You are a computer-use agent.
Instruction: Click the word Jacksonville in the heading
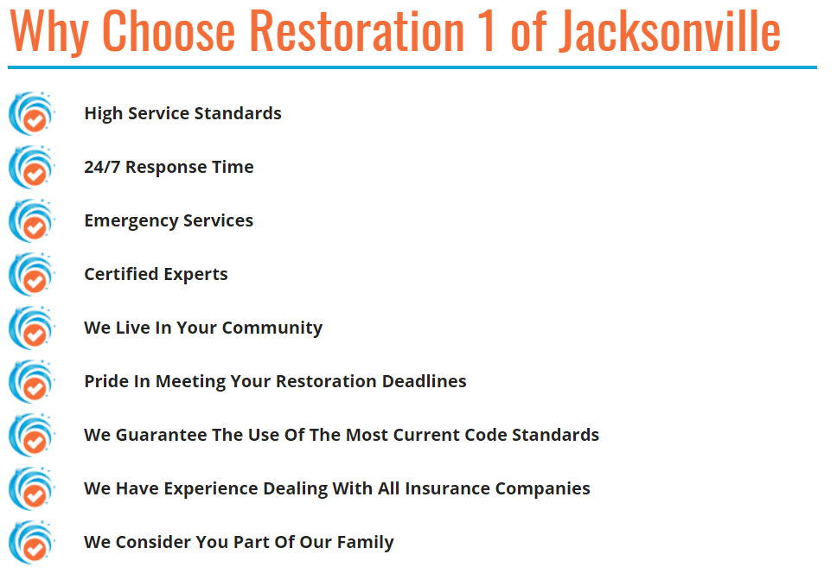pyautogui.click(x=669, y=31)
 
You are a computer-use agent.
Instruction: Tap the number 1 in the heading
pyautogui.click(x=486, y=31)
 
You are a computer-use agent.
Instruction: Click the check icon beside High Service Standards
pyautogui.click(x=32, y=113)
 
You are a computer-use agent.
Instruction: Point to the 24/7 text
pyautogui.click(x=102, y=167)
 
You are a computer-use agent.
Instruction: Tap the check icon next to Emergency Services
pyautogui.click(x=32, y=220)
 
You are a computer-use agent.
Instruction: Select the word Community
pyautogui.click(x=272, y=328)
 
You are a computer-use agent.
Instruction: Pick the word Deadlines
pyautogui.click(x=425, y=381)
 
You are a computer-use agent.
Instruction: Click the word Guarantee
pyautogui.click(x=161, y=435)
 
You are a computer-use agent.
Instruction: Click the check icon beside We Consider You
pyautogui.click(x=32, y=542)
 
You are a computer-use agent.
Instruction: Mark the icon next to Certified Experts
pyautogui.click(x=32, y=274)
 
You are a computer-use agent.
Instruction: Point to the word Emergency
pyautogui.click(x=131, y=221)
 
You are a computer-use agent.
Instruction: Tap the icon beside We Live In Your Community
pyautogui.click(x=32, y=328)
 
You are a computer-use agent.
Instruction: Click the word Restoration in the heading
pyautogui.click(x=357, y=31)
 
